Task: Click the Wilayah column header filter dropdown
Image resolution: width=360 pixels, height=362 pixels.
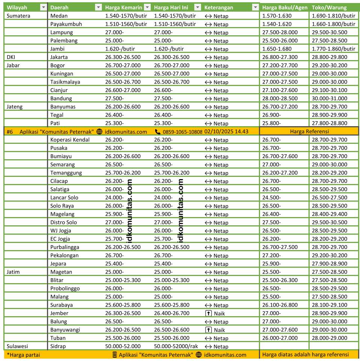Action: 43,8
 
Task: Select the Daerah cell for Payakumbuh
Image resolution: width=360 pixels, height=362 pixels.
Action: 66,24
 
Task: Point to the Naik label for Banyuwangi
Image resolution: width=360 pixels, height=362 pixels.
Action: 220,330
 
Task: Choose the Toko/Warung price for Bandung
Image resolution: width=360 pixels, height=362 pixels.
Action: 330,98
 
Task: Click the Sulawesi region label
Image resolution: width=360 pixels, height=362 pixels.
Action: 17,346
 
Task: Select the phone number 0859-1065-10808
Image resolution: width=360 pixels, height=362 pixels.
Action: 182,132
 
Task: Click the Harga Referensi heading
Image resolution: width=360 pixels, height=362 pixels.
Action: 309,131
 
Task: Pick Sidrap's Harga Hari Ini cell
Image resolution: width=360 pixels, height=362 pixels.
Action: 177,346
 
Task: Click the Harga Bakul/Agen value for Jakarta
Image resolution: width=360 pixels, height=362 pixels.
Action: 280,57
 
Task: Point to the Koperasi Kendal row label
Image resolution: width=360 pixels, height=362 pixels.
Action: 70,140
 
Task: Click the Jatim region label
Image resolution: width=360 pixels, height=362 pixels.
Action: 13,272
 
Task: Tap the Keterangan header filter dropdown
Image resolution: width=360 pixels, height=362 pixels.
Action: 256,8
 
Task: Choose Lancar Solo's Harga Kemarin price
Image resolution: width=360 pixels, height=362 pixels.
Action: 114,198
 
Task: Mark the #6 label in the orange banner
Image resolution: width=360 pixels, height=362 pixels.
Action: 10,131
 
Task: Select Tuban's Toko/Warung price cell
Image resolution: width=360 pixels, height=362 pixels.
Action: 330,338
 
